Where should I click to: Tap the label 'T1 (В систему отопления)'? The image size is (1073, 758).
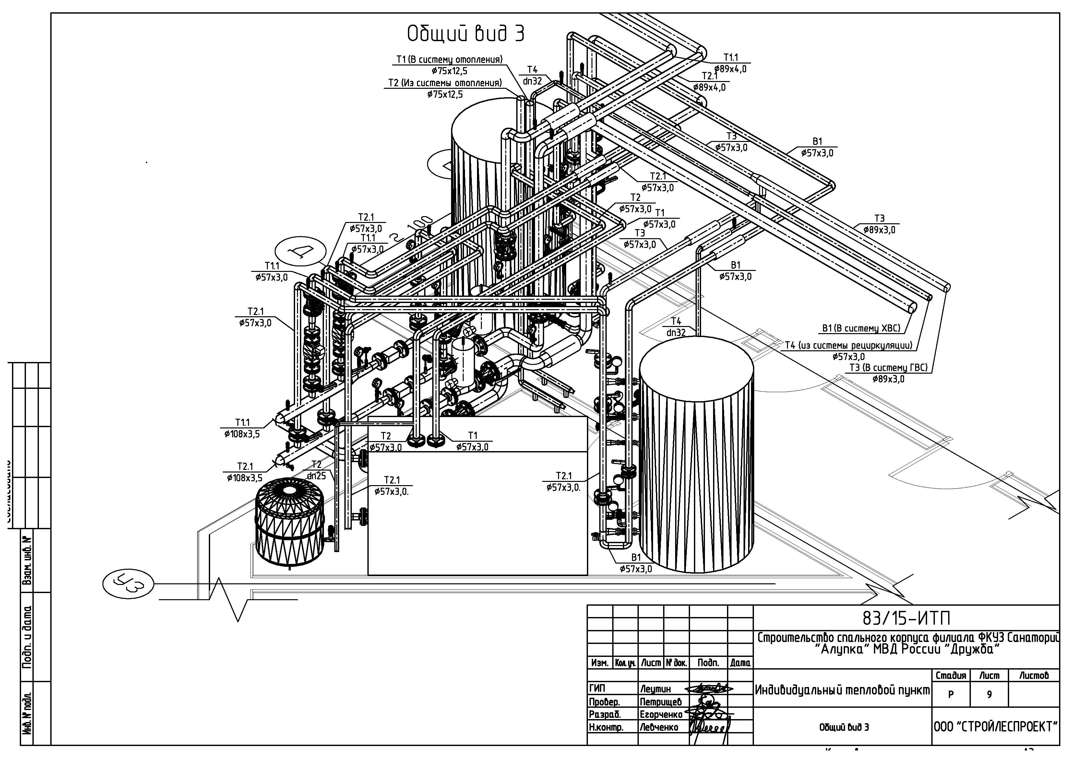point(449,60)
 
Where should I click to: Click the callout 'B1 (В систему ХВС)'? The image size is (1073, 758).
point(861,328)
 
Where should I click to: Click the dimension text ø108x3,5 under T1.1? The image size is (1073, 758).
point(242,434)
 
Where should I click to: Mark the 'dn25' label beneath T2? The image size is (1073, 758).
point(316,476)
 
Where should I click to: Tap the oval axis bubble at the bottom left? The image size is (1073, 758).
point(127,583)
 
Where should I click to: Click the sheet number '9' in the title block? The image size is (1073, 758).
point(989,694)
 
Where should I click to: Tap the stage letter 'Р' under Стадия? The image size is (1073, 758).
point(950,694)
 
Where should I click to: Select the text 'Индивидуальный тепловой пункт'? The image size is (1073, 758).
point(842,690)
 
